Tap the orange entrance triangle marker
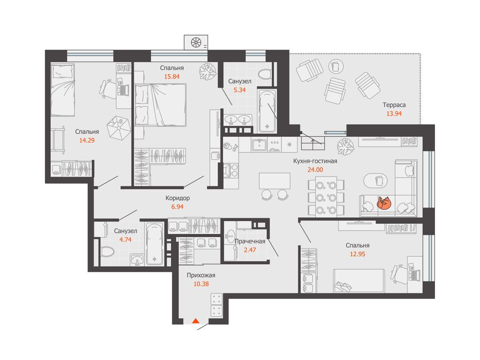pyautogui.click(x=195, y=321)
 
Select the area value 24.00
pyautogui.click(x=315, y=170)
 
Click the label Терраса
pyautogui.click(x=394, y=105)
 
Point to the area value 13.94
pyautogui.click(x=394, y=113)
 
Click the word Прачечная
pyautogui.click(x=250, y=241)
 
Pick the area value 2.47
pyautogui.click(x=250, y=250)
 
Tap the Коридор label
pyautogui.click(x=178, y=198)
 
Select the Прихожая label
pyautogui.click(x=201, y=275)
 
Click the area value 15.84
pyautogui.click(x=172, y=76)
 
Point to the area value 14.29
pyautogui.click(x=87, y=141)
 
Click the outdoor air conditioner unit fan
pyautogui.click(x=196, y=42)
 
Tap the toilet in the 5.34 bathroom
pyautogui.click(x=264, y=74)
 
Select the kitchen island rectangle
pyautogui.click(x=275, y=181)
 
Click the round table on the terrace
pyautogui.click(x=336, y=67)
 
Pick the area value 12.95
pyautogui.click(x=358, y=254)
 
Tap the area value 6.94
pyautogui.click(x=178, y=207)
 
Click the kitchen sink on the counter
pyautogui.click(x=260, y=145)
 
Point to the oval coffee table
pyautogui.click(x=375, y=180)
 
